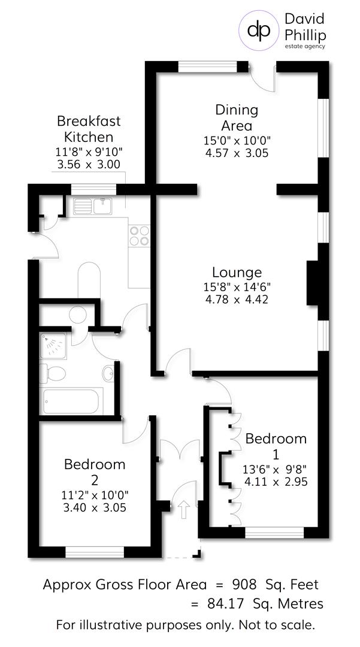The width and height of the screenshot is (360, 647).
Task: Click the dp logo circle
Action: click(x=259, y=29)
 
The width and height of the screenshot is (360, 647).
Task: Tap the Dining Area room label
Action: click(x=237, y=117)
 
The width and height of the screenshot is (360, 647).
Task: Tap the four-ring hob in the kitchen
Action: click(x=139, y=235)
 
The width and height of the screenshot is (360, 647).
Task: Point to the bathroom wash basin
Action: click(x=108, y=374)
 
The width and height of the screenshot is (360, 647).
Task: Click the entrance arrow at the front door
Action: click(x=184, y=509)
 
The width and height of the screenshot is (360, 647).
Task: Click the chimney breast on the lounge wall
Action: click(x=313, y=283)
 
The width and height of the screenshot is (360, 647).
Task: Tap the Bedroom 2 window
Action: click(x=94, y=552)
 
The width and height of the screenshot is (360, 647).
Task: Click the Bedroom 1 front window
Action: click(x=275, y=531)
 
